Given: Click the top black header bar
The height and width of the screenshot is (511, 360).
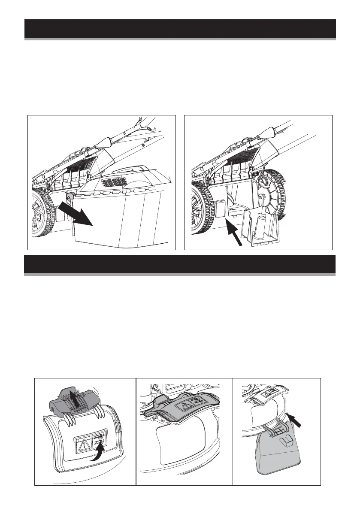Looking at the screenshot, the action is tap(180, 29).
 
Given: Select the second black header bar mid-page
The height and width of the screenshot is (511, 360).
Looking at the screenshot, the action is tap(180, 264).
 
